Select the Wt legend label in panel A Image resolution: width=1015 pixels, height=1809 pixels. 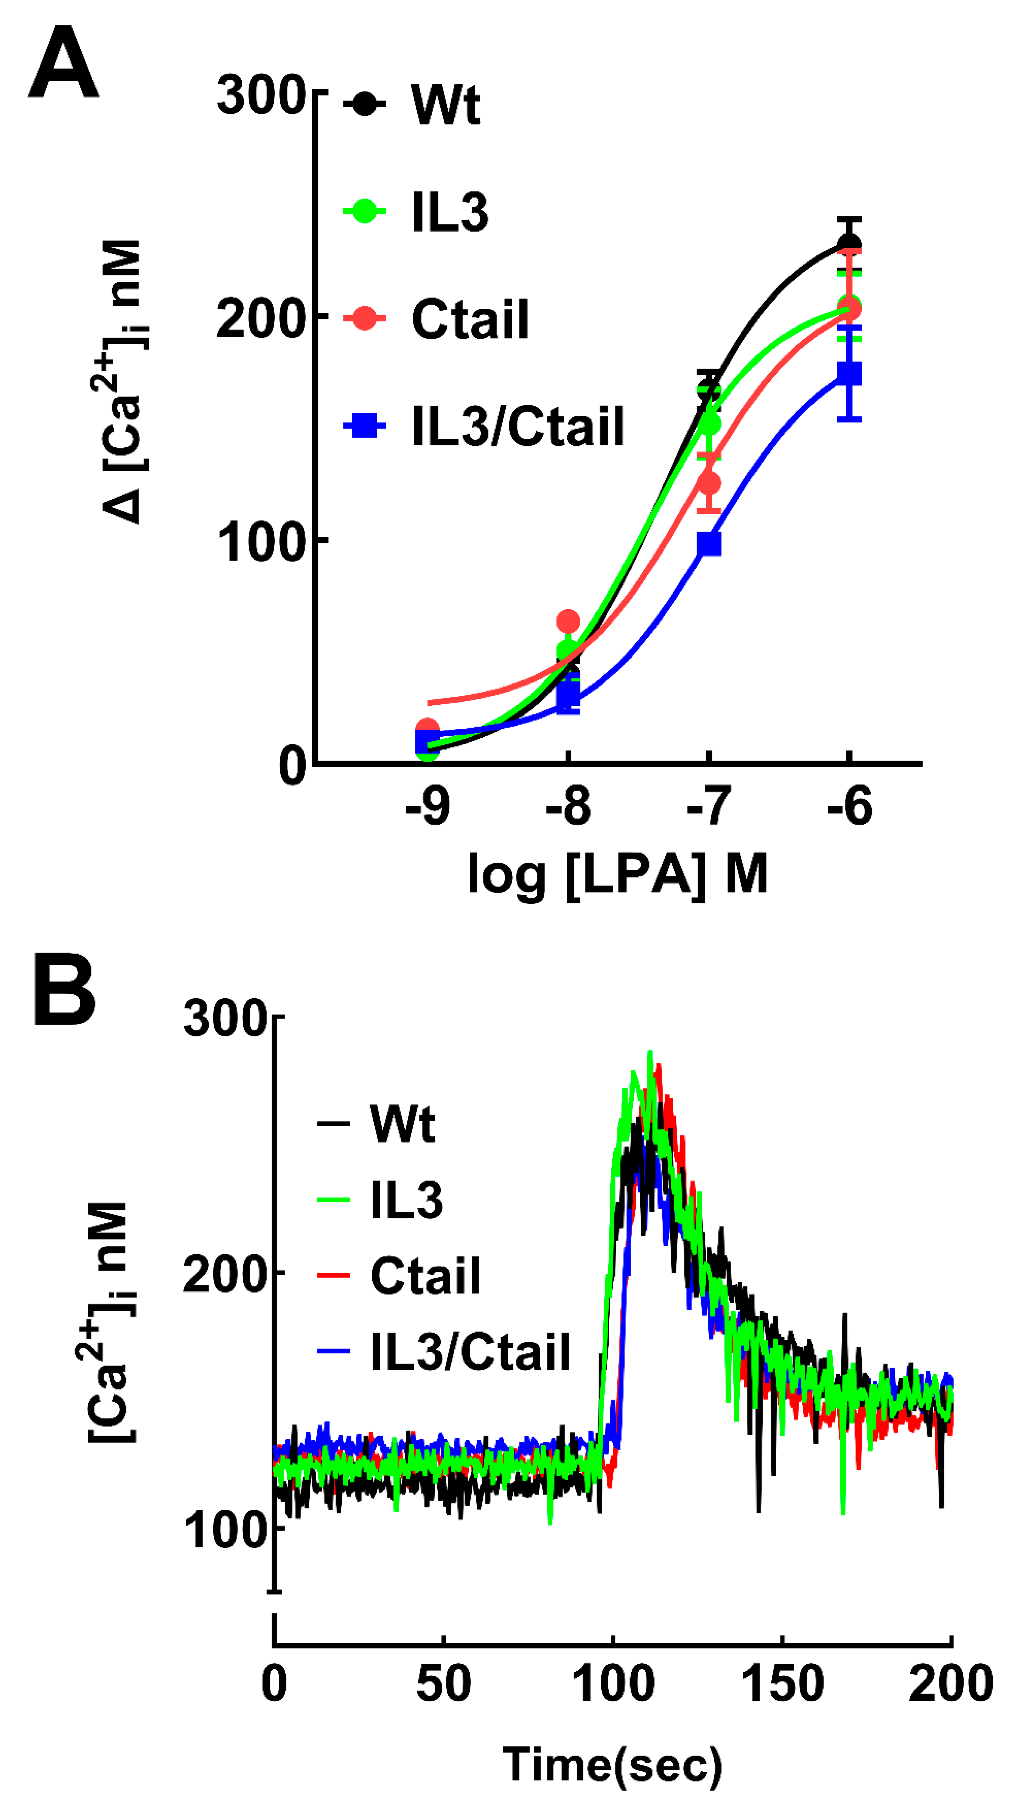tap(446, 105)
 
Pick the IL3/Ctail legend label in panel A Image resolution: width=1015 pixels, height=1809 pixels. tap(517, 426)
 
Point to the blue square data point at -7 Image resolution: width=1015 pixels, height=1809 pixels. tap(709, 544)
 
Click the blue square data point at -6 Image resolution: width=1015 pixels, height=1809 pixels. tap(849, 373)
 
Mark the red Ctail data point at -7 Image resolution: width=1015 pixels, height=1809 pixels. tap(709, 483)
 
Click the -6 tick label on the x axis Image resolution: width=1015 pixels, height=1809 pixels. tap(849, 807)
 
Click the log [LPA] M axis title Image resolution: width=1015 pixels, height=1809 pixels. tap(618, 874)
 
